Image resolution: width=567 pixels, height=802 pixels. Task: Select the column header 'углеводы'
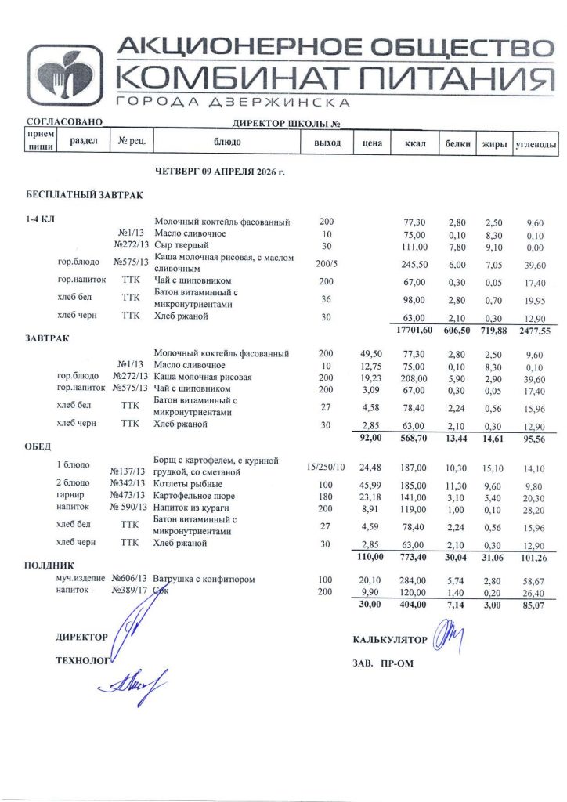click(535, 144)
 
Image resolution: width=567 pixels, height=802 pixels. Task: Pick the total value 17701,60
click(414, 331)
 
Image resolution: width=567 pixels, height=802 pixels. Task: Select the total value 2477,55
click(535, 331)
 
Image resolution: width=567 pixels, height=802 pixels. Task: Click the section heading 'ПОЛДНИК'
click(49, 565)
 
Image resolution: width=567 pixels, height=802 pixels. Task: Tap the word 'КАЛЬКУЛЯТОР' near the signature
click(390, 640)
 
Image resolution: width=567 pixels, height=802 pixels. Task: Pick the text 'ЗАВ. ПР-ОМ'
click(383, 664)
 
